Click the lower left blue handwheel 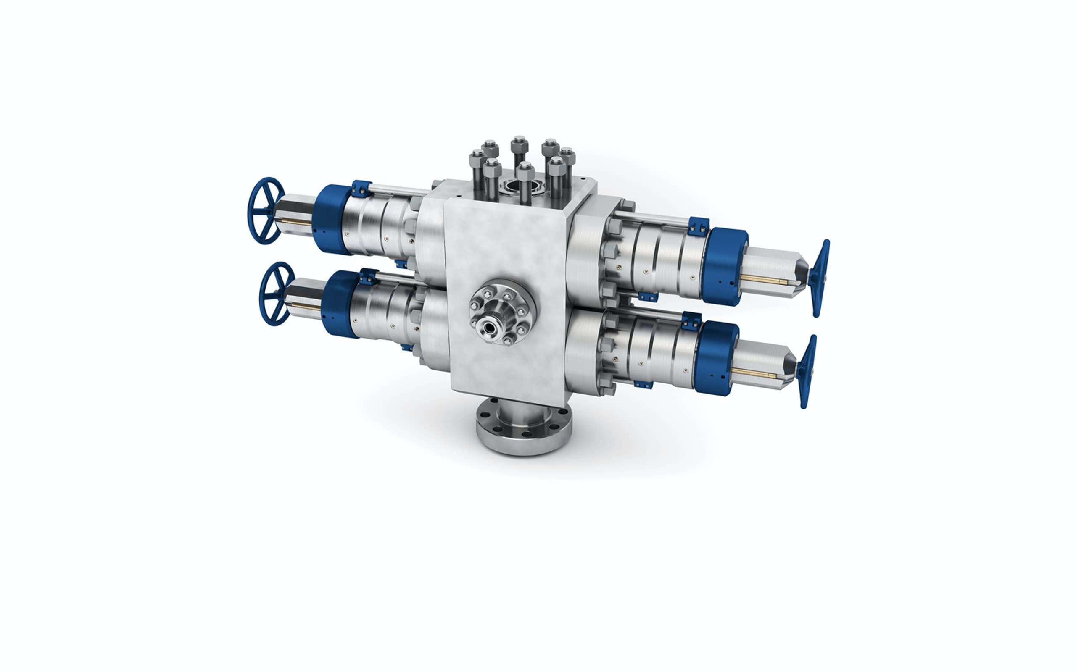click(277, 294)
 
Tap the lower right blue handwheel click(807, 372)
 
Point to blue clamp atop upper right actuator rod click(697, 227)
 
